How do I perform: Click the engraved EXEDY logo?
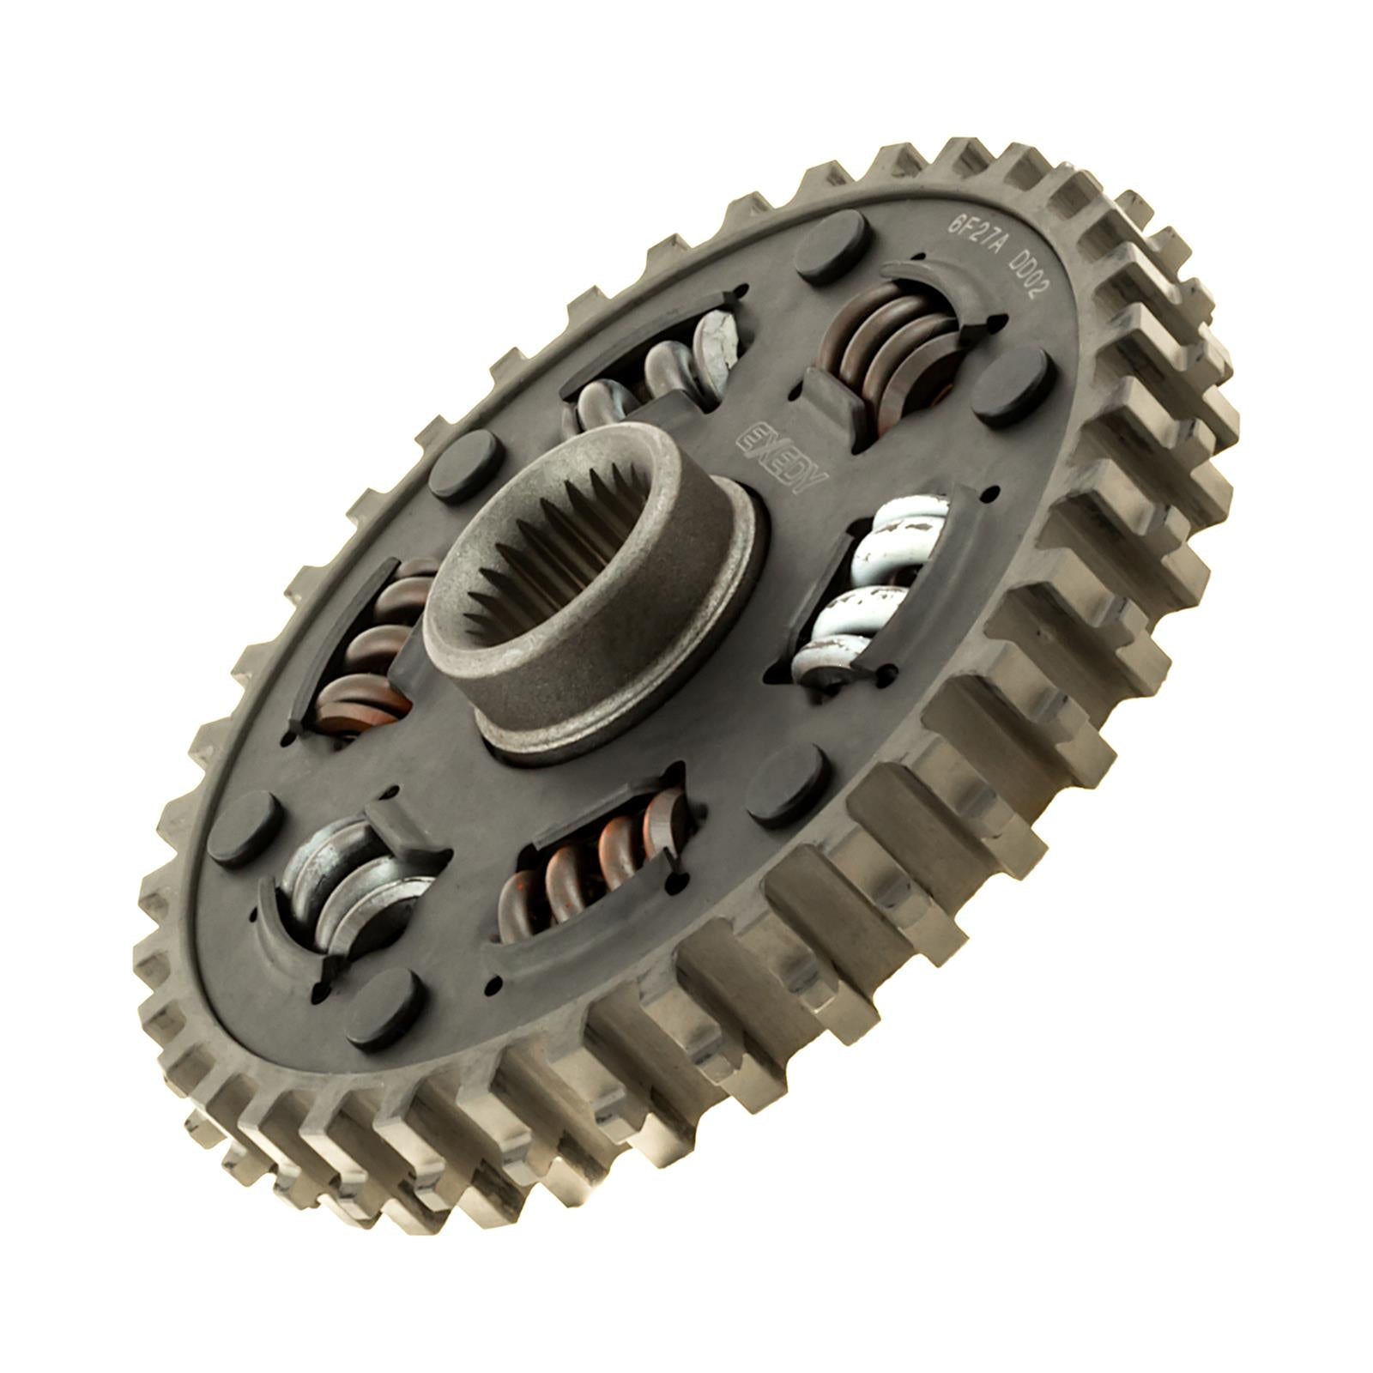click(781, 455)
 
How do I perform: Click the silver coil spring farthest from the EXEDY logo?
click(352, 892)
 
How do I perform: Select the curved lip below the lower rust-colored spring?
click(592, 935)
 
